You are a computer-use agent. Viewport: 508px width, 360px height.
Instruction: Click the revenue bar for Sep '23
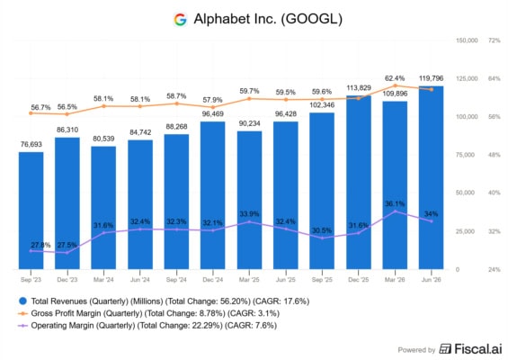31,211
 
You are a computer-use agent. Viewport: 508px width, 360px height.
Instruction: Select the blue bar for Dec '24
213,195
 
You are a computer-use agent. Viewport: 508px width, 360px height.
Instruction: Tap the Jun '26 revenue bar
432,177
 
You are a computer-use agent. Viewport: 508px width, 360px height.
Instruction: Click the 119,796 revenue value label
431,78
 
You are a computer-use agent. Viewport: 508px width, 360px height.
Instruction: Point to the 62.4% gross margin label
395,78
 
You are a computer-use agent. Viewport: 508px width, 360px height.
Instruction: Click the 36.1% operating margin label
395,203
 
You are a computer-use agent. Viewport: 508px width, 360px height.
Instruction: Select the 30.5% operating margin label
322,230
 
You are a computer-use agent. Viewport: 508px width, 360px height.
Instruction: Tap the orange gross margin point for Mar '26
395,85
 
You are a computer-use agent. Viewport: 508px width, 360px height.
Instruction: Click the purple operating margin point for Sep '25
322,238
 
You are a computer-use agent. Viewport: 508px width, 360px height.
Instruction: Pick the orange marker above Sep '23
31,113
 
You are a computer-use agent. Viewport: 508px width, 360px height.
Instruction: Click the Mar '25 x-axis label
249,280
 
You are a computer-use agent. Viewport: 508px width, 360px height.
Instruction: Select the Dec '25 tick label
359,280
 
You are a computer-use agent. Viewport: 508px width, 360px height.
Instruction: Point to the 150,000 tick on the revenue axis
467,40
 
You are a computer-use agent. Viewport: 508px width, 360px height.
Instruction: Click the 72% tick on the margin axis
495,40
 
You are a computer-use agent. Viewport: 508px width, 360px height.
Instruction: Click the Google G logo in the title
180,20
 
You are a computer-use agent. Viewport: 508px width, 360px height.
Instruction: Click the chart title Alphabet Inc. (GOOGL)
268,19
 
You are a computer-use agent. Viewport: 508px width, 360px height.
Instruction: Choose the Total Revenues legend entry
164,301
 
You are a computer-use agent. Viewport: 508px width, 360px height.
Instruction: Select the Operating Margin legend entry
147,325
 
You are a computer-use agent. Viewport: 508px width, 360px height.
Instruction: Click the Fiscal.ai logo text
470,349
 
